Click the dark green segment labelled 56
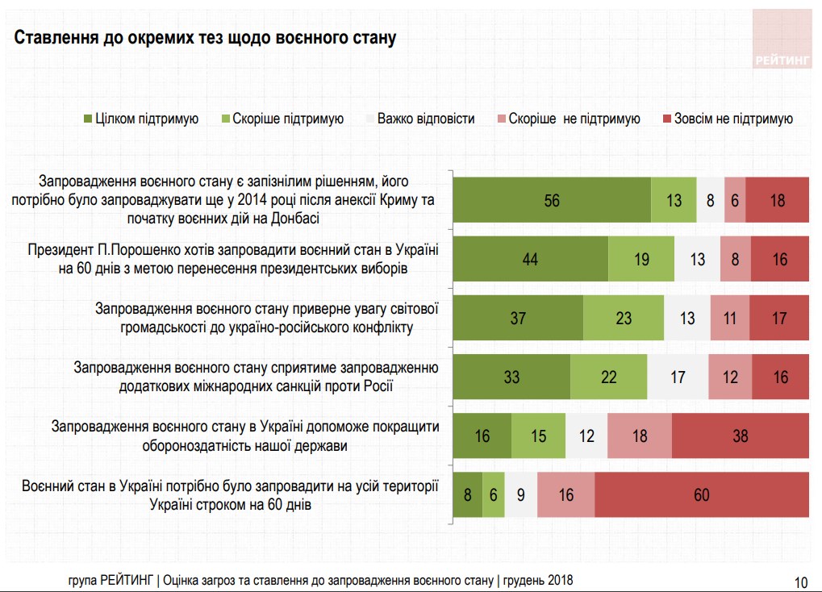point(552,200)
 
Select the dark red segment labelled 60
point(702,494)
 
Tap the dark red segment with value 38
point(740,436)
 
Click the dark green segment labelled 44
point(530,259)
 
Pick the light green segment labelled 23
point(624,318)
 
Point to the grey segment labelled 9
point(521,494)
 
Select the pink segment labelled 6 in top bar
point(735,200)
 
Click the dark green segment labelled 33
point(511,377)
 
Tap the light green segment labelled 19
point(641,259)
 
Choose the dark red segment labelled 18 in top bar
point(777,200)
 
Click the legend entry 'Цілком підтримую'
point(146,119)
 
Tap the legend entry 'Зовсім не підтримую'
point(732,119)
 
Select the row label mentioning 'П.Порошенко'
point(234,259)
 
